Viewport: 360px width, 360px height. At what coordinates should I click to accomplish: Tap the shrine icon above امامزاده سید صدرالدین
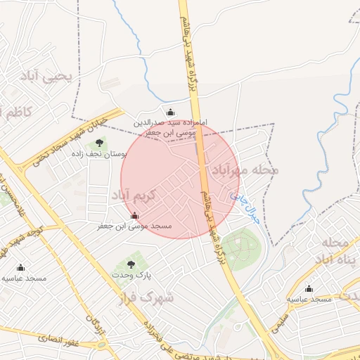click(169, 112)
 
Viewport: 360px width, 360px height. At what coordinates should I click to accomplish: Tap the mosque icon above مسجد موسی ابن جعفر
click(134, 215)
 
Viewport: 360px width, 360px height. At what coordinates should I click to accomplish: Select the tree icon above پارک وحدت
click(131, 264)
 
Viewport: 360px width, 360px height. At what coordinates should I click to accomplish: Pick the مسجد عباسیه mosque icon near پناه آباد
click(309, 288)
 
